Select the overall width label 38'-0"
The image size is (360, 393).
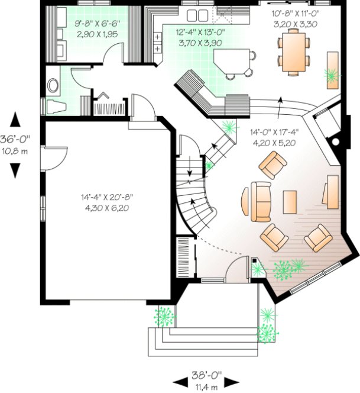tap(206, 375)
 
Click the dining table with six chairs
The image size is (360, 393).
tap(294, 53)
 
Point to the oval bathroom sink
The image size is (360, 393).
tap(53, 86)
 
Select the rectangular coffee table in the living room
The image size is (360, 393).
tap(290, 201)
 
